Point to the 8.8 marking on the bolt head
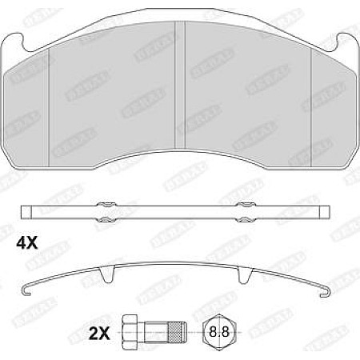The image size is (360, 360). [x=217, y=329]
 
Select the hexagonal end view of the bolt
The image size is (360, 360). [x=217, y=329]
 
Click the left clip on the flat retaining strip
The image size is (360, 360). [x=104, y=211]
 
